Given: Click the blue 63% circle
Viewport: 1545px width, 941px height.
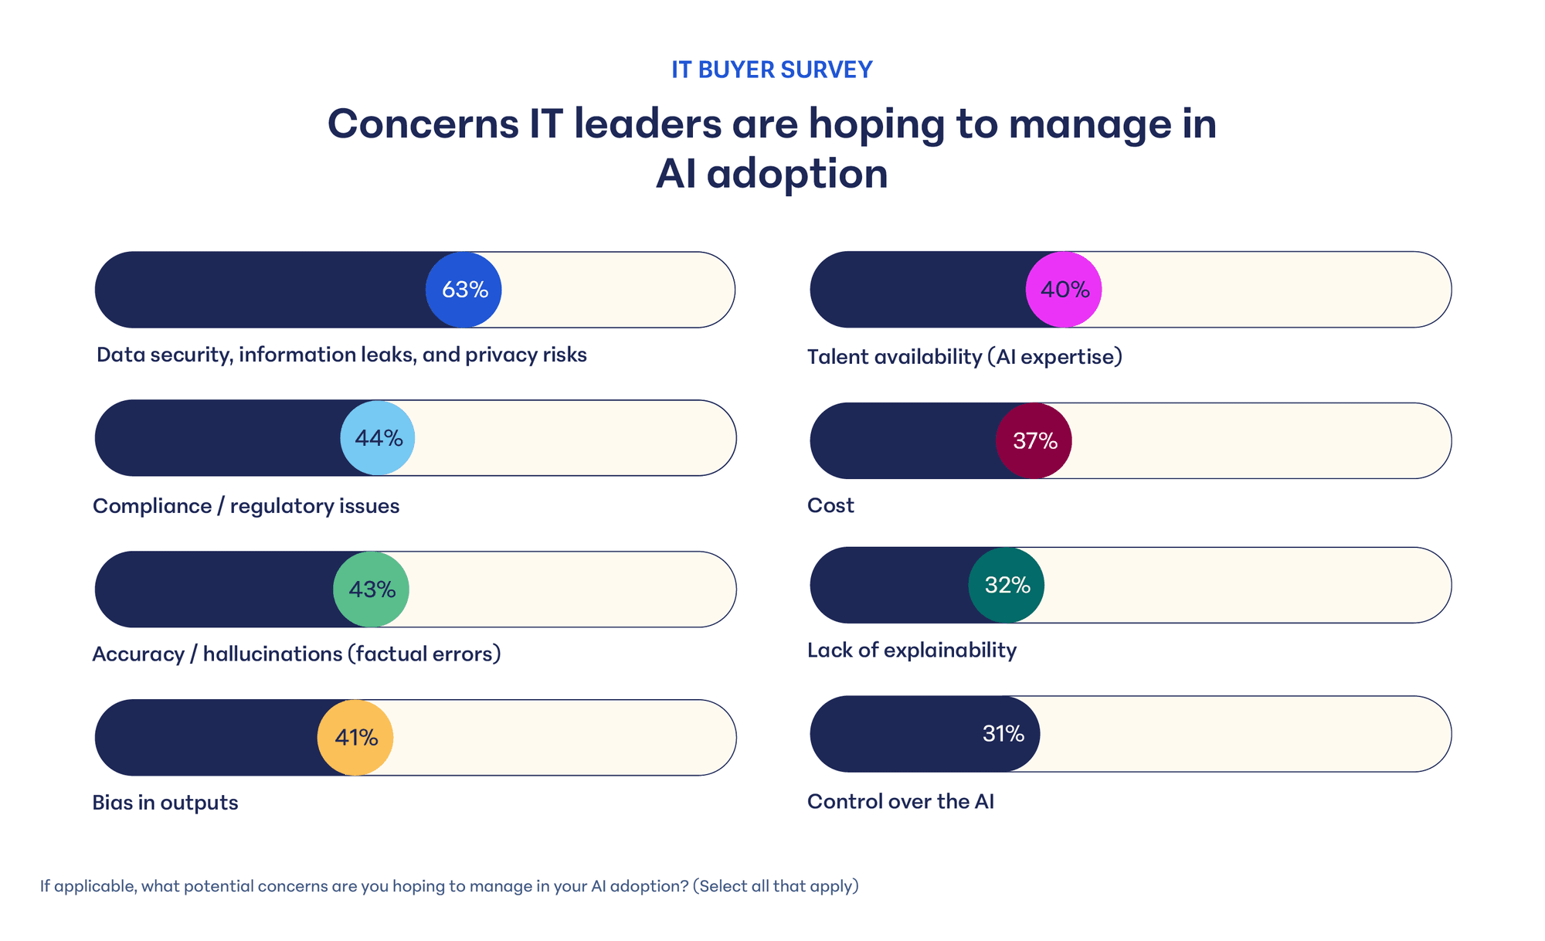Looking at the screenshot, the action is pos(463,290).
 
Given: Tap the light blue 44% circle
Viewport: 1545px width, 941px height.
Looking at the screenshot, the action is pos(378,438).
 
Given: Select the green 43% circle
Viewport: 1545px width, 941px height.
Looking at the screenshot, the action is pos(371,589).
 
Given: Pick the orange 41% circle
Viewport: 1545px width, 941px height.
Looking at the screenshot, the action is pos(355,738).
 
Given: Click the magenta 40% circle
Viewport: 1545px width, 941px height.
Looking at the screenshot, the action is pos(1064,290).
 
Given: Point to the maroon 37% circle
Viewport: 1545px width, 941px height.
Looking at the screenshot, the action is pos(1034,440).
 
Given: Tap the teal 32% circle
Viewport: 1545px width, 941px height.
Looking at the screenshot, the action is pos(1007,586).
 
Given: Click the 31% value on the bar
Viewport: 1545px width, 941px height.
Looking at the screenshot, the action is pos(1003,734).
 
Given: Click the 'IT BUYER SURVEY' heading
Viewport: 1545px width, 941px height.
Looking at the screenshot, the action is pos(772,70).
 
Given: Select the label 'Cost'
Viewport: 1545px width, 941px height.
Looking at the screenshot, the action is pos(830,505).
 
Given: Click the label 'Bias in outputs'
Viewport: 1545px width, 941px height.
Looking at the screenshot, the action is pos(165,803).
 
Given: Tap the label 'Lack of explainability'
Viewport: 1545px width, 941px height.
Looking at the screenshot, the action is pos(912,651).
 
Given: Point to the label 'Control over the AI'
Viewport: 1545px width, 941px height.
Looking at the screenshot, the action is pos(901,801).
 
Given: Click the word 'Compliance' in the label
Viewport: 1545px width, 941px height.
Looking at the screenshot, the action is pos(152,506).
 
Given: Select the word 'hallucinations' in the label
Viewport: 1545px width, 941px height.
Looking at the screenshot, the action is pos(273,654).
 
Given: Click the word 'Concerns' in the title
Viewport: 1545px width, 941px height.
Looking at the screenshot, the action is pos(423,124).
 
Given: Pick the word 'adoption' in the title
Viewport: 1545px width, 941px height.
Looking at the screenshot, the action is pos(797,174).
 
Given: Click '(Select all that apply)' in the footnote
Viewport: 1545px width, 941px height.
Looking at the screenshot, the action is pos(776,886).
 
